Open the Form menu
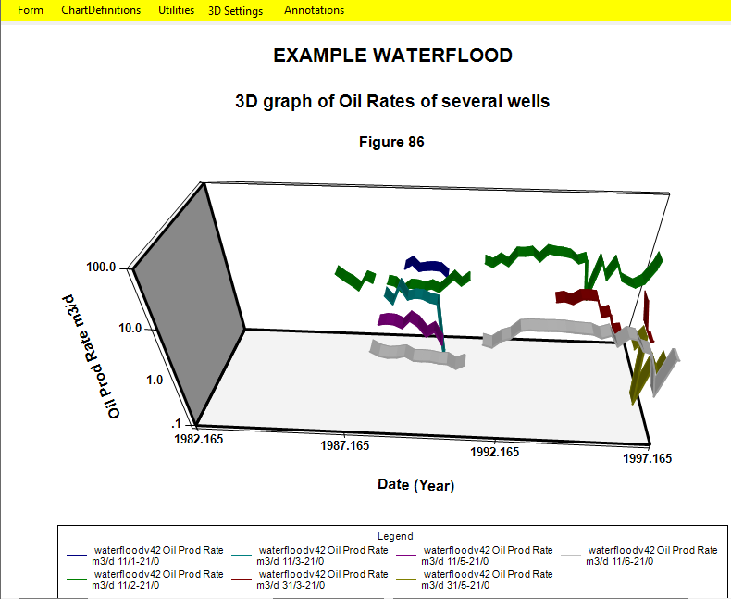(x=31, y=10)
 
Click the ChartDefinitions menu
(x=101, y=10)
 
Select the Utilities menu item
(x=176, y=10)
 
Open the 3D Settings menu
(x=235, y=11)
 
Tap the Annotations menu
(x=315, y=10)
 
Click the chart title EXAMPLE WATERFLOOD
(x=392, y=56)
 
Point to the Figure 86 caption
(x=391, y=142)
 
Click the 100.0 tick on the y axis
(x=101, y=268)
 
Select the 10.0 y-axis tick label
(x=130, y=329)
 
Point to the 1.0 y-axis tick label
(x=155, y=381)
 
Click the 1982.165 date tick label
(x=199, y=440)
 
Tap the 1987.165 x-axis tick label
(x=344, y=446)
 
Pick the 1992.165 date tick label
(x=494, y=452)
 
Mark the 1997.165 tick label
(x=647, y=458)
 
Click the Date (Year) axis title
(x=415, y=485)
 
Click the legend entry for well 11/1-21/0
(x=145, y=555)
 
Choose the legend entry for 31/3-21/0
(x=310, y=580)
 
